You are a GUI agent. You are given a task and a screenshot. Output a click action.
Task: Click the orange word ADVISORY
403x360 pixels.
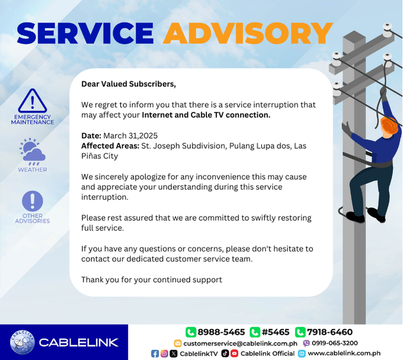tap(248, 33)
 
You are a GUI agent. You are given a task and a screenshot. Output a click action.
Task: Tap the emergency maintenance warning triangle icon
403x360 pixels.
tap(32, 101)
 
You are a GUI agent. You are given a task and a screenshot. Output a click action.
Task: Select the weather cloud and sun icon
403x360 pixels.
tap(32, 152)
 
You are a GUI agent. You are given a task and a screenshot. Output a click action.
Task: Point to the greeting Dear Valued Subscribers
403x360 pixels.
tap(129, 84)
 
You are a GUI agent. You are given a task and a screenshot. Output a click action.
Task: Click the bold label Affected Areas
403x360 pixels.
tap(110, 145)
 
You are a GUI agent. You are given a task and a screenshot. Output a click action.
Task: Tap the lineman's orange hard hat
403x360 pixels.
tap(389, 125)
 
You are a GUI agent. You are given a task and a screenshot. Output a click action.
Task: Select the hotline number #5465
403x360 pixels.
tap(275, 332)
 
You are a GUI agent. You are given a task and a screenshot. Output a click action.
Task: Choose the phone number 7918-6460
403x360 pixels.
tap(330, 332)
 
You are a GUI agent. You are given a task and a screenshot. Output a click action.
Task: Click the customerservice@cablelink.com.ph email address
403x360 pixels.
tap(240, 343)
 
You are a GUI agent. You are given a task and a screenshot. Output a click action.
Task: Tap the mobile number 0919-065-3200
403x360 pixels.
tap(334, 343)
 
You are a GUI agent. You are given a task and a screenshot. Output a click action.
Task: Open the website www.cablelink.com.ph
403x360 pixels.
tap(344, 353)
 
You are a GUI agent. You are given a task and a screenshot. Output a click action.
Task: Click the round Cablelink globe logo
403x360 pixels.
tap(22, 342)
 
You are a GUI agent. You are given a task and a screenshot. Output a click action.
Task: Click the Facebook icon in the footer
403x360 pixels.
tap(155, 353)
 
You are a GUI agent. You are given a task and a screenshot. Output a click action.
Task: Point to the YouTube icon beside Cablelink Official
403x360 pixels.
tap(234, 353)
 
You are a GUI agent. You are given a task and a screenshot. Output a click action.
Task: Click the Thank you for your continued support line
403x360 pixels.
tap(152, 279)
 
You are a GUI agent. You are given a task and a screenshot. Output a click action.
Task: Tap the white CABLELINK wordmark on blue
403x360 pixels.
tap(78, 342)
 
